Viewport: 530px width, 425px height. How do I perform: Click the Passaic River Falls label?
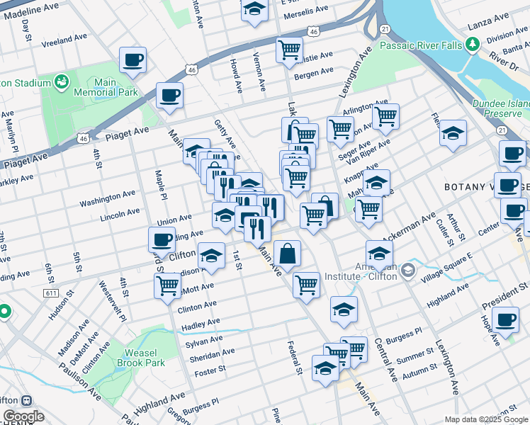point(420,46)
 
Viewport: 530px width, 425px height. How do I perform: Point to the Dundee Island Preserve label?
point(501,108)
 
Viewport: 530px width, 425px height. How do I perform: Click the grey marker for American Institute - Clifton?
point(407,270)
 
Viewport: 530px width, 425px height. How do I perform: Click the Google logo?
point(23,416)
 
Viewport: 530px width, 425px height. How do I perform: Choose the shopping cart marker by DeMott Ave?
point(167,286)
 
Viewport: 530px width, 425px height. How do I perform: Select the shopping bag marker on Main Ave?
point(288,254)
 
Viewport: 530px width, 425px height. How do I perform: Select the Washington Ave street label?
point(107,198)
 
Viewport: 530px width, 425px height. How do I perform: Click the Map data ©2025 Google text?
point(485,419)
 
